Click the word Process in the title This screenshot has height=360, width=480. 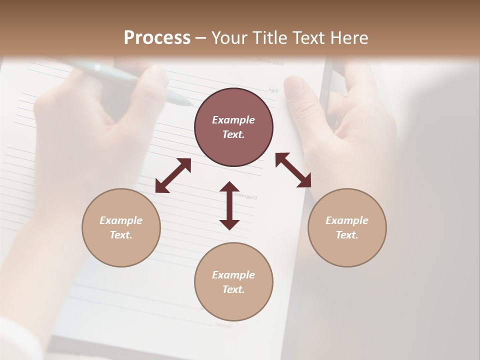[x=157, y=38]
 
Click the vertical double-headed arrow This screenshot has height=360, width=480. [x=229, y=205]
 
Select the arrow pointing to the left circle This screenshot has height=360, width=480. [x=173, y=175]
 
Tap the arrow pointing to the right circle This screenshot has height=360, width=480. [x=293, y=170]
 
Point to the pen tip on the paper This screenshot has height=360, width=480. [x=189, y=104]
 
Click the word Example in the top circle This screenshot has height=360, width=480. [x=233, y=120]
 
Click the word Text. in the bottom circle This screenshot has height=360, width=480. [x=233, y=289]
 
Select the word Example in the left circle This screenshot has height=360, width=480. [x=121, y=220]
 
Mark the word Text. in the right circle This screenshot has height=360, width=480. [x=347, y=235]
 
